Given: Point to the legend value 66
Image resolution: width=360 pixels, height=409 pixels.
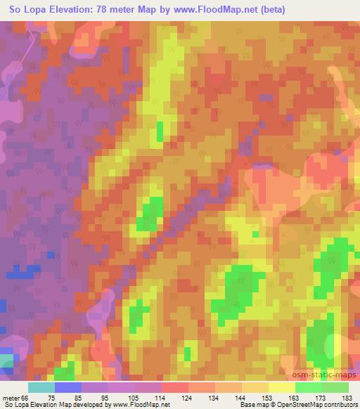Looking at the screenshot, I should (x=27, y=398).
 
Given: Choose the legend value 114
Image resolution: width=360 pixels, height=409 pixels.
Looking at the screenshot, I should (x=161, y=398).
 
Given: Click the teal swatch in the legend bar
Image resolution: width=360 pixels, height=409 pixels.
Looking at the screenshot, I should (x=41, y=387).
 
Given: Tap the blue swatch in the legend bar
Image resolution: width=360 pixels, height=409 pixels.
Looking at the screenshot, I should (x=68, y=387).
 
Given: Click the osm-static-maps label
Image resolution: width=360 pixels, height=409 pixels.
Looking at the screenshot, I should (x=327, y=377).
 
